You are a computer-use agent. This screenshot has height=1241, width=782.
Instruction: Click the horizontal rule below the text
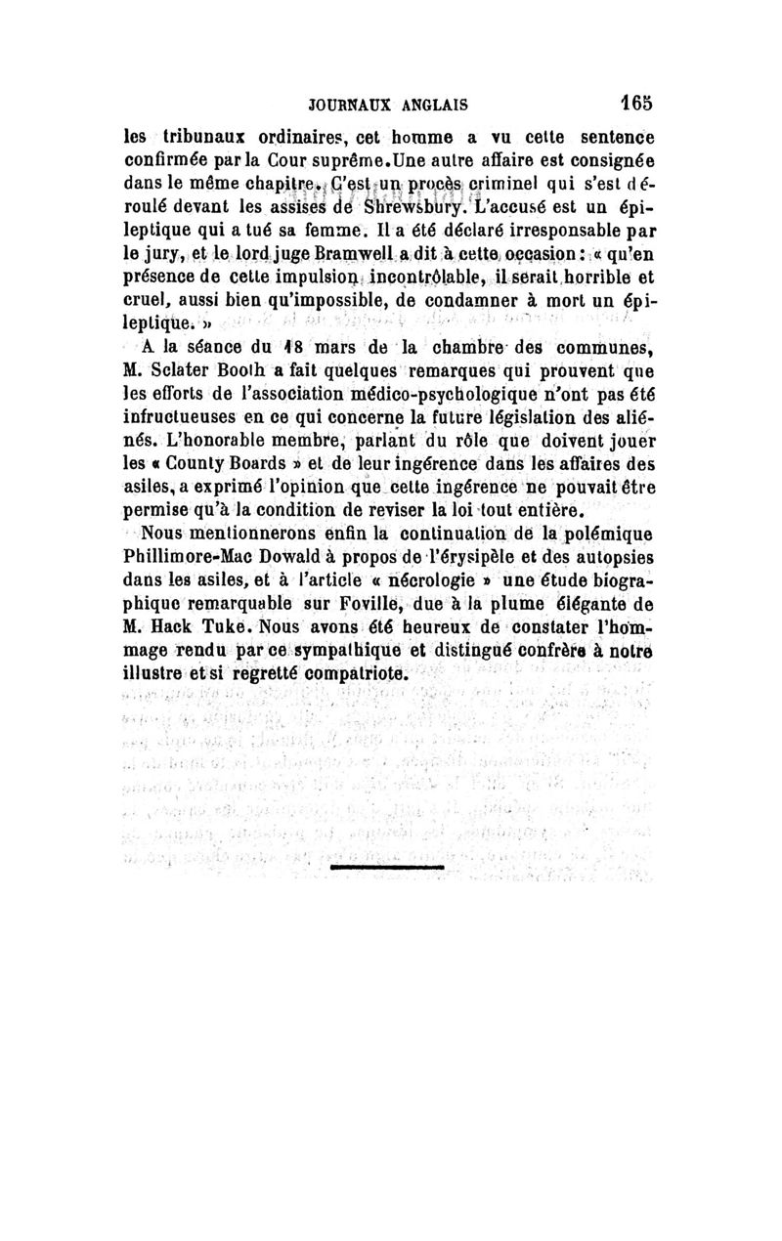(x=387, y=867)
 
